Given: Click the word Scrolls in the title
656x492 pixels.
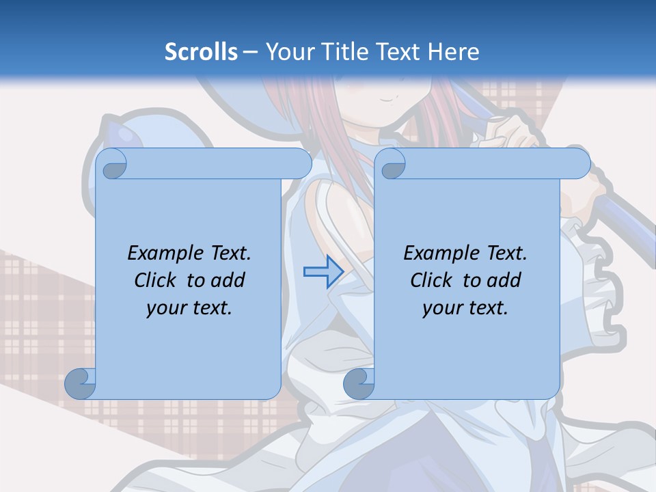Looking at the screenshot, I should click(x=202, y=52).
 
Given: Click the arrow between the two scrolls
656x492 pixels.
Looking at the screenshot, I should click(x=323, y=271).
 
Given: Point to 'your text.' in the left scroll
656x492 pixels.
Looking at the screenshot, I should click(x=189, y=307).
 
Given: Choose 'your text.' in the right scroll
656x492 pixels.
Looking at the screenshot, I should click(x=465, y=307).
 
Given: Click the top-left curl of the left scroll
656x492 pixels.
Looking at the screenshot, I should click(x=112, y=164).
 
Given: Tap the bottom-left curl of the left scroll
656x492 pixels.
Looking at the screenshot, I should click(x=81, y=383).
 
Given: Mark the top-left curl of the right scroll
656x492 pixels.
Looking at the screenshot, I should click(x=391, y=164).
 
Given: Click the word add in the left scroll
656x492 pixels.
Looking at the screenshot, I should click(x=228, y=280).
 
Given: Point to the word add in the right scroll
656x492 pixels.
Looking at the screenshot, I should click(x=504, y=280).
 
